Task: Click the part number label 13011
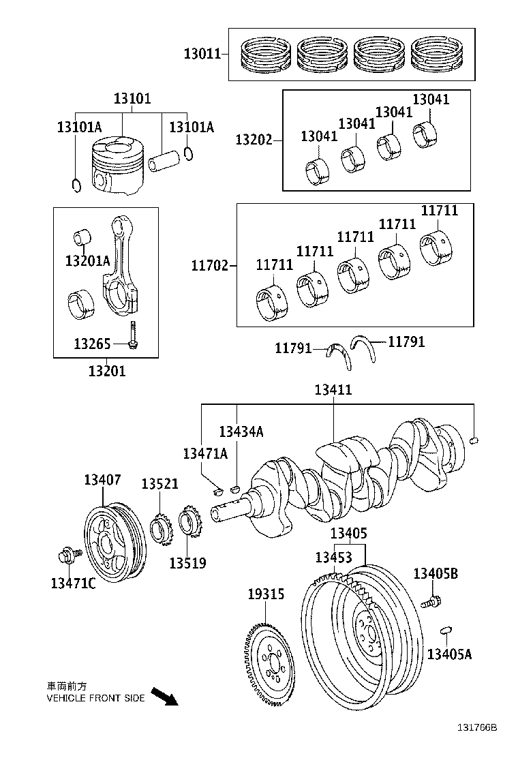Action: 202,53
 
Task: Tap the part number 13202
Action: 254,140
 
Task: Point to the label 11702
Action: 209,264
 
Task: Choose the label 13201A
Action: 87,260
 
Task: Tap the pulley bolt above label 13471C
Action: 69,556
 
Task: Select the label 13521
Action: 159,484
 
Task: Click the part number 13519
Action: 187,563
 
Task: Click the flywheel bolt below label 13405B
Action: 431,602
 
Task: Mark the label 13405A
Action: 449,654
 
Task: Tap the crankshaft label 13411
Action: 333,390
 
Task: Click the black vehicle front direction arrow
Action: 164,696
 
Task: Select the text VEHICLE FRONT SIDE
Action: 95,698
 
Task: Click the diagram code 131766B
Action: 476,746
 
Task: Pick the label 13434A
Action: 241,431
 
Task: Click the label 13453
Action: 333,557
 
